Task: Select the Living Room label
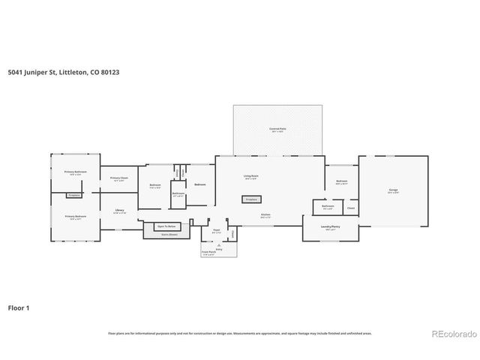[x=250, y=177]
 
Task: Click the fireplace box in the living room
[x=250, y=199]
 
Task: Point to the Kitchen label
[x=265, y=214]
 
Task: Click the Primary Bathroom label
[x=75, y=172]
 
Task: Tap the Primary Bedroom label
[x=75, y=217]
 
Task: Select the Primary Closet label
[x=118, y=178]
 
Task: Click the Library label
[x=118, y=211]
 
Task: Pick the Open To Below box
[x=166, y=226]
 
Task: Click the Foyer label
[x=216, y=231]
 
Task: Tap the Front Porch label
[x=208, y=253]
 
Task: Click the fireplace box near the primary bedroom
[x=73, y=195]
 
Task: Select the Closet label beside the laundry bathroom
[x=351, y=207]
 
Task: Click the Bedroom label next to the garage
[x=341, y=181]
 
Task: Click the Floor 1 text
[x=19, y=307]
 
